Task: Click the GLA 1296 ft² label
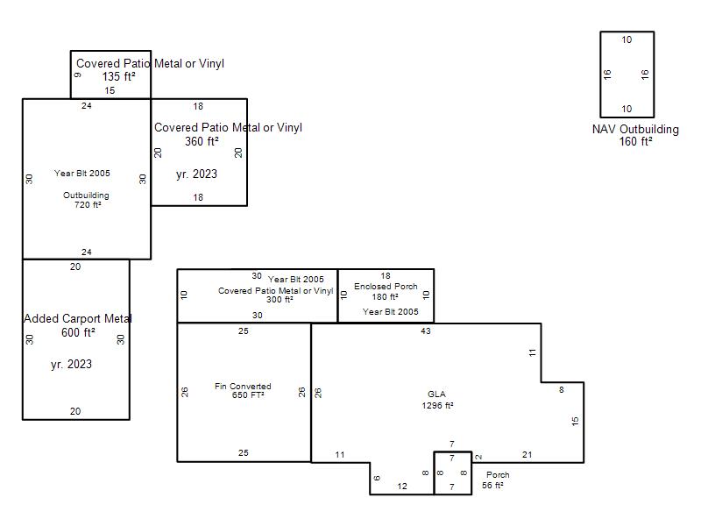point(437,400)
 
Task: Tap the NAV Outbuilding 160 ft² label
point(635,135)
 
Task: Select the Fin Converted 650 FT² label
point(243,390)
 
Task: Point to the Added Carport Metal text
point(78,318)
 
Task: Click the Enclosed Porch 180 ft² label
point(386,291)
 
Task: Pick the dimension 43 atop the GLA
point(426,331)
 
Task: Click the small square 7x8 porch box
point(452,451)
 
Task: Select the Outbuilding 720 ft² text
point(86,200)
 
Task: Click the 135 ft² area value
point(118,76)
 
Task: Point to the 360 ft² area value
point(202,141)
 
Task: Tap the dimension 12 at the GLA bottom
point(402,487)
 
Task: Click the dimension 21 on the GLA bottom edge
point(528,454)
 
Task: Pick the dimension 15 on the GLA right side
point(575,421)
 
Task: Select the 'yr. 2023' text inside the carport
point(72,364)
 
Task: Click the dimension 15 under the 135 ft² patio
point(110,90)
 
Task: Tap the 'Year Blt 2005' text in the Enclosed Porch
point(390,312)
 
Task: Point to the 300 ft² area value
point(280,300)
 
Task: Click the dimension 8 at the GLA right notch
point(562,390)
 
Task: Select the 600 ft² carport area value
point(78,332)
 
